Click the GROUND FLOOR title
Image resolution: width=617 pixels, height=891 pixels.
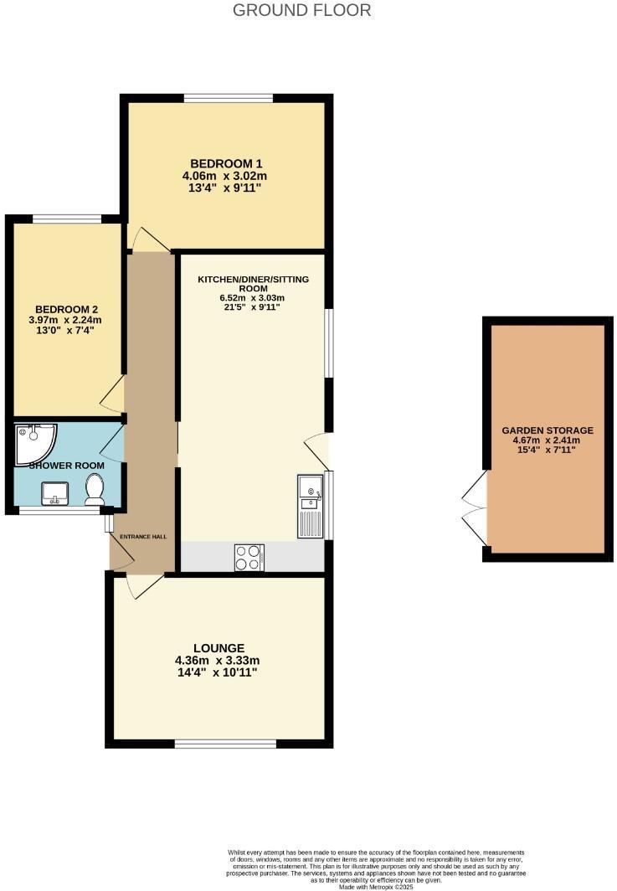click(301, 11)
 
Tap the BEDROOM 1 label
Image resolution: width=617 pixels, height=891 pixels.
click(224, 163)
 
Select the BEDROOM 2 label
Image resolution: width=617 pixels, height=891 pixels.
click(67, 307)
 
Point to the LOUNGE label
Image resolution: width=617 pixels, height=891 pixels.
click(219, 648)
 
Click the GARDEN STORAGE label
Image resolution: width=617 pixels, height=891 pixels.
click(548, 430)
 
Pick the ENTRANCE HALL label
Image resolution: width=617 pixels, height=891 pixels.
click(143, 537)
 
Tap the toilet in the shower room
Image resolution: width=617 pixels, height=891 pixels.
click(95, 488)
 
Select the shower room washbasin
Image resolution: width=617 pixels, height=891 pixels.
click(56, 493)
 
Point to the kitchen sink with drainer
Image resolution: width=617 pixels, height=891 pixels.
click(309, 506)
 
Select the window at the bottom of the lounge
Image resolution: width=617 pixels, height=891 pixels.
click(225, 743)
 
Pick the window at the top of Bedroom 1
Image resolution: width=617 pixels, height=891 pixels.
click(228, 99)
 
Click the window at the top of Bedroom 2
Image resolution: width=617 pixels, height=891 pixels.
click(67, 219)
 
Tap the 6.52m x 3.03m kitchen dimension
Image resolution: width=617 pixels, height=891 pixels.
click(252, 298)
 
